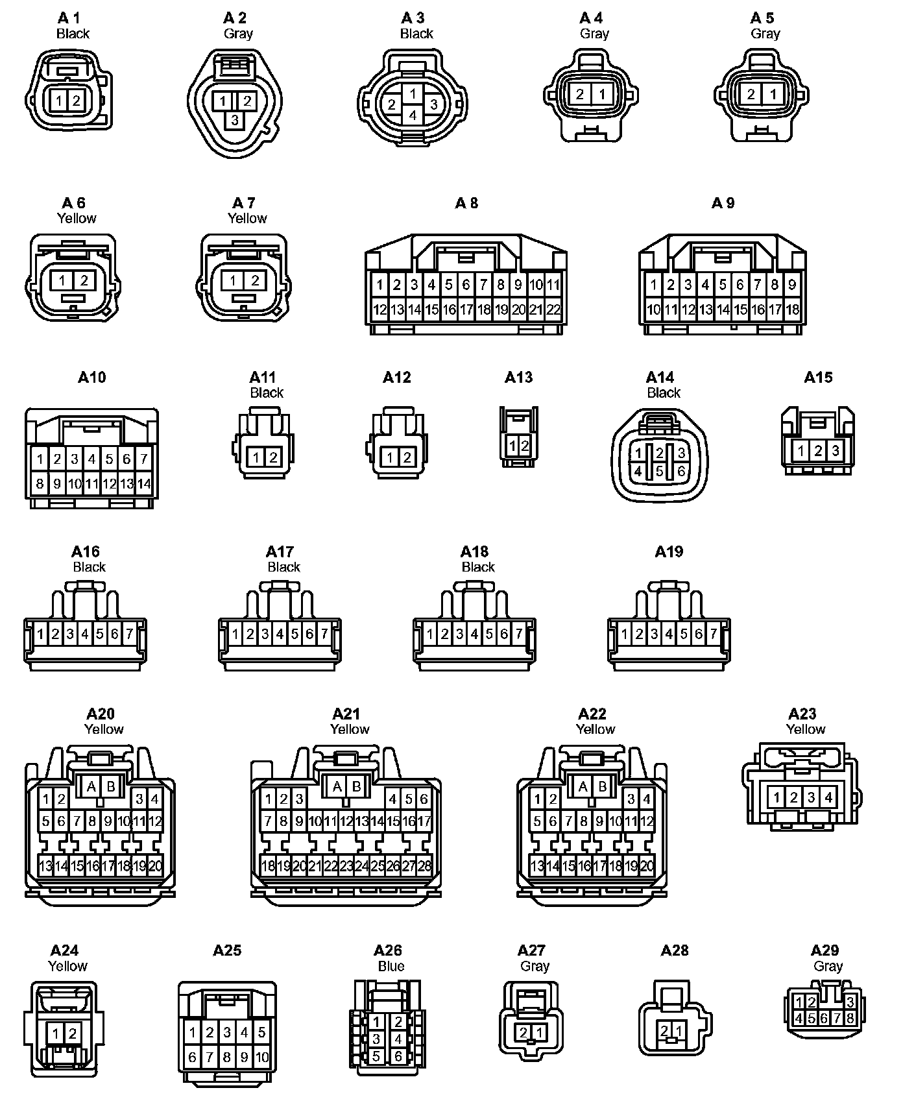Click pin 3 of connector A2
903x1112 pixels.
(x=235, y=120)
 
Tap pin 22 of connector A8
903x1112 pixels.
(x=553, y=310)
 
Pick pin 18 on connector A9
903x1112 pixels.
(x=792, y=310)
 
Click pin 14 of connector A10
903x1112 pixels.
(x=143, y=483)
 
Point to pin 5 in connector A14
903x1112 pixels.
(x=660, y=472)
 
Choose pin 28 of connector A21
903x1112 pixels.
(x=424, y=865)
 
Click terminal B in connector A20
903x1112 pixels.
(x=111, y=787)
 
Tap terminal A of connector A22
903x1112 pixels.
(x=583, y=787)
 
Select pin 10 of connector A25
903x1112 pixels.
(x=261, y=1058)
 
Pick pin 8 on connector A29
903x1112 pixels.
(x=850, y=1019)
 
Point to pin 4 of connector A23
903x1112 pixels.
(x=828, y=797)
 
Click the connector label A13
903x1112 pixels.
(x=518, y=378)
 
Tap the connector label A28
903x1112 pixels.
(x=674, y=950)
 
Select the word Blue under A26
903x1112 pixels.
(x=391, y=966)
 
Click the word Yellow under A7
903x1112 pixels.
(x=247, y=219)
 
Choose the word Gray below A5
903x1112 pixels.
(x=765, y=34)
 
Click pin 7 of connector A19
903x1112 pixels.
(x=714, y=633)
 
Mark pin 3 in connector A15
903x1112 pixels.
(x=836, y=450)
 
